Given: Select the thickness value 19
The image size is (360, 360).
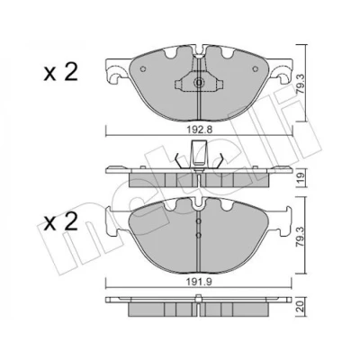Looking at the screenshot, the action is [x=301, y=177].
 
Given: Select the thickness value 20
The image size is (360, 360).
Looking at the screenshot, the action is [x=301, y=306].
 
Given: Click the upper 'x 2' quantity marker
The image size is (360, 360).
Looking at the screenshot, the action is [x=60, y=73].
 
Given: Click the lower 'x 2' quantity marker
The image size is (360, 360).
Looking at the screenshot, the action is [x=60, y=223].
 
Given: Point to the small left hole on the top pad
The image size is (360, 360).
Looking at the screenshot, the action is [x=143, y=68].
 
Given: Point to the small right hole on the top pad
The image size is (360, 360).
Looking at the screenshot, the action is [x=256, y=68].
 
